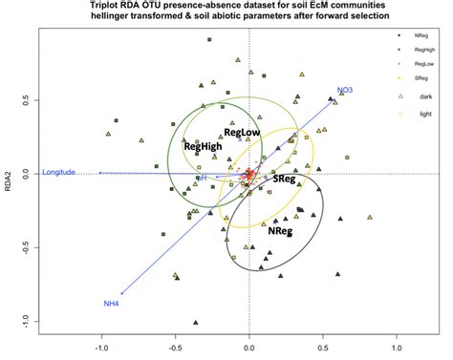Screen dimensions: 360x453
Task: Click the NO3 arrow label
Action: click(x=345, y=90)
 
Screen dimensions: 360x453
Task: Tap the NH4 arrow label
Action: click(x=111, y=304)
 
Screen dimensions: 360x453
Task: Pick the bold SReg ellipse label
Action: click(x=283, y=179)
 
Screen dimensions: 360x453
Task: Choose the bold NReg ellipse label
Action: click(x=280, y=229)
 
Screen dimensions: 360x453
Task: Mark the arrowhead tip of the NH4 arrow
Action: click(x=121, y=294)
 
